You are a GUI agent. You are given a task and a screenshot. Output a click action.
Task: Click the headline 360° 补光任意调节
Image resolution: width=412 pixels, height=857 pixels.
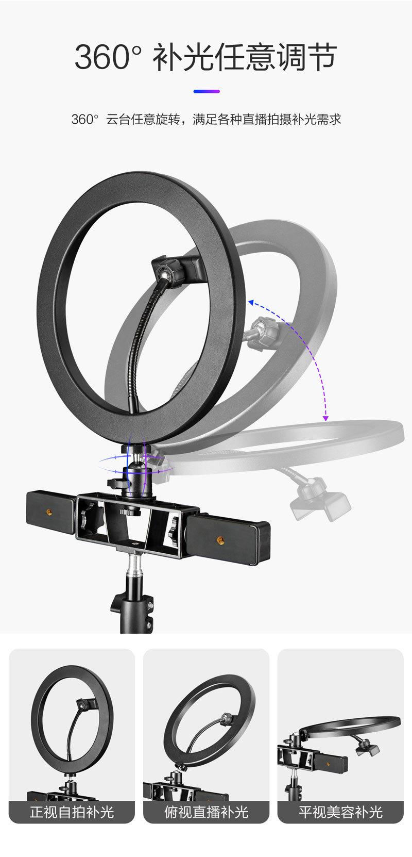pyautogui.click(x=205, y=57)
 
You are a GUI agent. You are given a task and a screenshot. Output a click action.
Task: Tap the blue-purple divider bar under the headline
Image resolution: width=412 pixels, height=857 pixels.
pyautogui.click(x=207, y=91)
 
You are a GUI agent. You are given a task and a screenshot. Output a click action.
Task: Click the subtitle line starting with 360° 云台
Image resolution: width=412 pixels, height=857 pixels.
pyautogui.click(x=206, y=119)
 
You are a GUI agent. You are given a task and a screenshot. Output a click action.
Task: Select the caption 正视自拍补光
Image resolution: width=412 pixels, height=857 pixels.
pyautogui.click(x=72, y=812)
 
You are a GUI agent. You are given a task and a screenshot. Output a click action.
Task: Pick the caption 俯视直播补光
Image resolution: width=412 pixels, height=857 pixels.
pyautogui.click(x=207, y=812)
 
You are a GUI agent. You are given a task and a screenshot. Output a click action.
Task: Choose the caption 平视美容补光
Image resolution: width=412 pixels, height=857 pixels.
pyautogui.click(x=340, y=812)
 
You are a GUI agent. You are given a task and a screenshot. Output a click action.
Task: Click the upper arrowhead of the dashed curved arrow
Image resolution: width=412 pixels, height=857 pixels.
pyautogui.click(x=251, y=303)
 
